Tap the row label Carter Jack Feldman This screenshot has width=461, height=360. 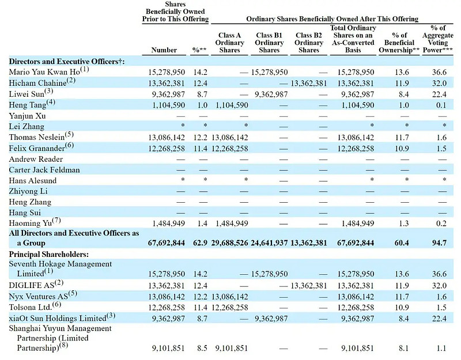tap(44, 169)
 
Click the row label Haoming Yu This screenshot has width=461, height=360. tap(32, 222)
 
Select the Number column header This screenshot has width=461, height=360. tap(164, 50)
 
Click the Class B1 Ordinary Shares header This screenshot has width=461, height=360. tap(269, 43)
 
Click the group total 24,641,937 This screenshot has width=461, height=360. tap(269, 243)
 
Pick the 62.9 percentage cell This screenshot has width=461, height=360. tap(199, 243)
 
